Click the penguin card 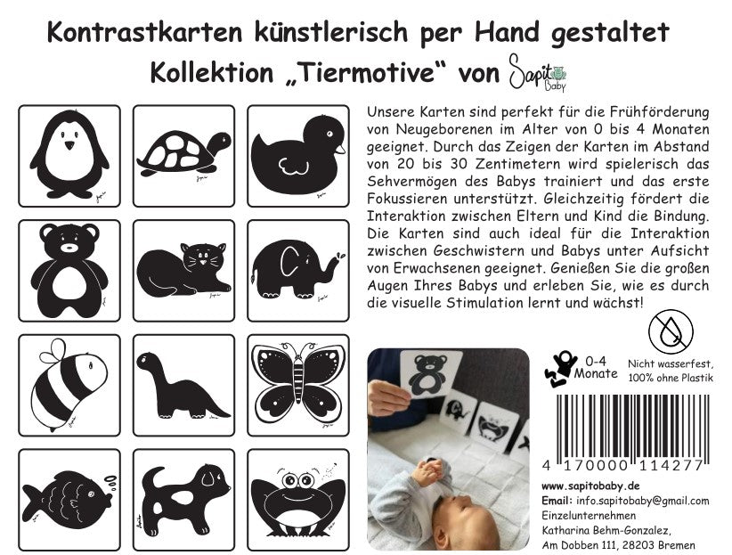69,156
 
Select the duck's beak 341,149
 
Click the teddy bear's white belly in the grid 69,282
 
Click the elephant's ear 289,261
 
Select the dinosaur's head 149,360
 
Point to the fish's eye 91,494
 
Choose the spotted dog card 184,500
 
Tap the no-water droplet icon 671,332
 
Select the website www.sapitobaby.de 590,486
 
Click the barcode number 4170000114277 622,465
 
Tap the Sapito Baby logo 538,72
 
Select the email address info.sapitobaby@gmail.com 643,501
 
